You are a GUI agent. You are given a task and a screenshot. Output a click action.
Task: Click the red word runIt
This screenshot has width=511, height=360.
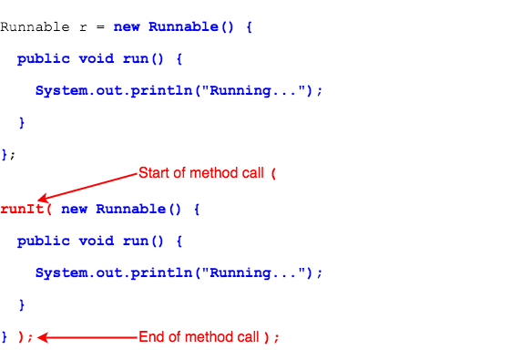point(19,209)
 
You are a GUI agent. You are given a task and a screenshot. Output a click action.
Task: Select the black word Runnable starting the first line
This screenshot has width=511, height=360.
point(33,26)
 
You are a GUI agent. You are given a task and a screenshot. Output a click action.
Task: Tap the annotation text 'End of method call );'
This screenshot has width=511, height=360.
point(209,337)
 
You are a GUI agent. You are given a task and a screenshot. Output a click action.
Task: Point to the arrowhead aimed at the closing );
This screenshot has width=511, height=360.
point(42,337)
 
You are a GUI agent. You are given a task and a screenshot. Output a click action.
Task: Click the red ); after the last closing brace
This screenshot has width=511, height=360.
point(25,337)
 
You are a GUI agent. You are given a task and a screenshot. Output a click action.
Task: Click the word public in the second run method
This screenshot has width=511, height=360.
point(43,241)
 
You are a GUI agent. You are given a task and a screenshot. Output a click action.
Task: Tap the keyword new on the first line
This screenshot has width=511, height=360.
point(127,26)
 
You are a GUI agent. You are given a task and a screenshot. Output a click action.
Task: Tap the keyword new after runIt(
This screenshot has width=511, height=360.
point(74,209)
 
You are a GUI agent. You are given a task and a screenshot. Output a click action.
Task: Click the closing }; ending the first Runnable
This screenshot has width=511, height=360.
point(8,154)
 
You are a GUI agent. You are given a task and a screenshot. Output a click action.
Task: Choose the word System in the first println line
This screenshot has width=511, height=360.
point(60,90)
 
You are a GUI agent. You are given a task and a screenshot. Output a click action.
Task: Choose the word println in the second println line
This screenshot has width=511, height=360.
point(161,273)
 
